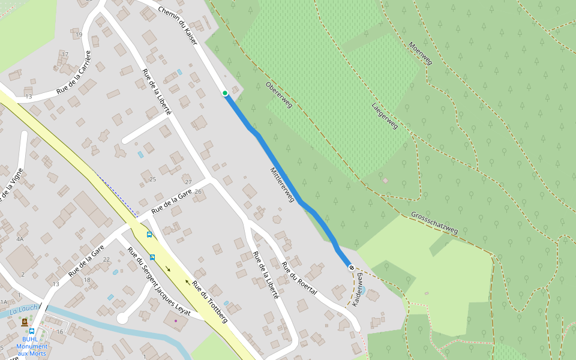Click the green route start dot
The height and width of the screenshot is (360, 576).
click(225, 93)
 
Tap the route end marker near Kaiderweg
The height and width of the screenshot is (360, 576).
click(352, 268)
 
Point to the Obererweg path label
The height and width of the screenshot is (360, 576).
click(278, 95)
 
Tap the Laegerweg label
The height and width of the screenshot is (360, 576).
click(384, 116)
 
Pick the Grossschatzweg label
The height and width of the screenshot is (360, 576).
click(434, 223)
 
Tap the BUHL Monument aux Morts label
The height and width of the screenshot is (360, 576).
click(32, 346)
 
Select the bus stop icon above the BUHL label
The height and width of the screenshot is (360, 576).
click(32, 331)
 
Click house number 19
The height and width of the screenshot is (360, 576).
click(79, 35)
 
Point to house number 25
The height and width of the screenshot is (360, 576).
click(152, 179)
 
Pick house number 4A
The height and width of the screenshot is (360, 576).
click(20, 239)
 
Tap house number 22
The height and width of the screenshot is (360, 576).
click(106, 259)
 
